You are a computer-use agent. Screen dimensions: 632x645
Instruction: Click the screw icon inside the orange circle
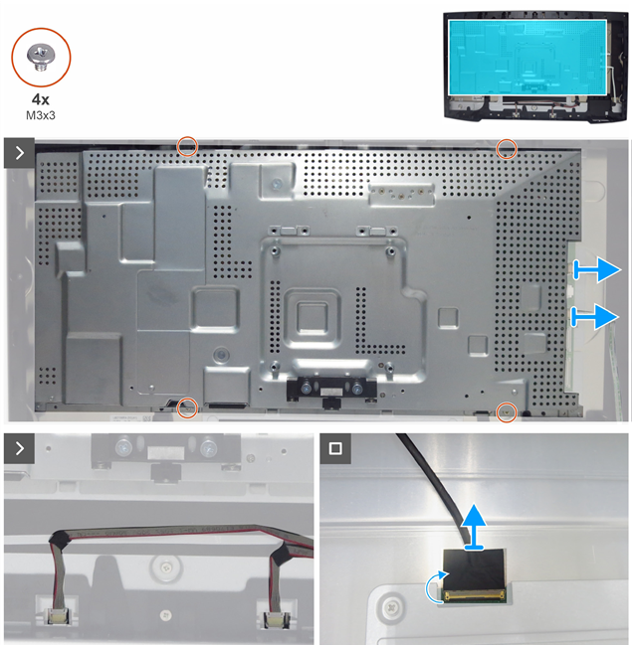41,58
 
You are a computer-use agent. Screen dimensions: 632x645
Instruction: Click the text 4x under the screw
41,99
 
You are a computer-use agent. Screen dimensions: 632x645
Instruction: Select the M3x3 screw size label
41,115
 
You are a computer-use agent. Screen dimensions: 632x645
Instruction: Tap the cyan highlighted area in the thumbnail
527,58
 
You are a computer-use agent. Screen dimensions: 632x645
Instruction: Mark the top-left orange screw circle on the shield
187,146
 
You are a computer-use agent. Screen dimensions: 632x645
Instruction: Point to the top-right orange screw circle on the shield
507,148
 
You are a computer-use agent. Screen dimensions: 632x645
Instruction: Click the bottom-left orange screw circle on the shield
187,408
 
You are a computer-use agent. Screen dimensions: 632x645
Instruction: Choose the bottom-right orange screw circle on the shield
507,411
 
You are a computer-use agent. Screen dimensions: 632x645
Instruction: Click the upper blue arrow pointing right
596,270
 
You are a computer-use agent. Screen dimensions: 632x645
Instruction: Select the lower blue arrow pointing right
595,316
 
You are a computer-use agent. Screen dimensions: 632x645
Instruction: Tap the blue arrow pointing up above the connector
474,527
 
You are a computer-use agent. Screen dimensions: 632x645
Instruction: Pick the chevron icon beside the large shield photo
19,153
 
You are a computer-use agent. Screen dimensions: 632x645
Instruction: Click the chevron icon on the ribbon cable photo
19,448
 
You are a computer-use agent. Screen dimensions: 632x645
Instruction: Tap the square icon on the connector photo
335,448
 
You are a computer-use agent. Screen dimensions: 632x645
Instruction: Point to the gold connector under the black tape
474,594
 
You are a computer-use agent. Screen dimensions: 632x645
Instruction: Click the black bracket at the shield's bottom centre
331,390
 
